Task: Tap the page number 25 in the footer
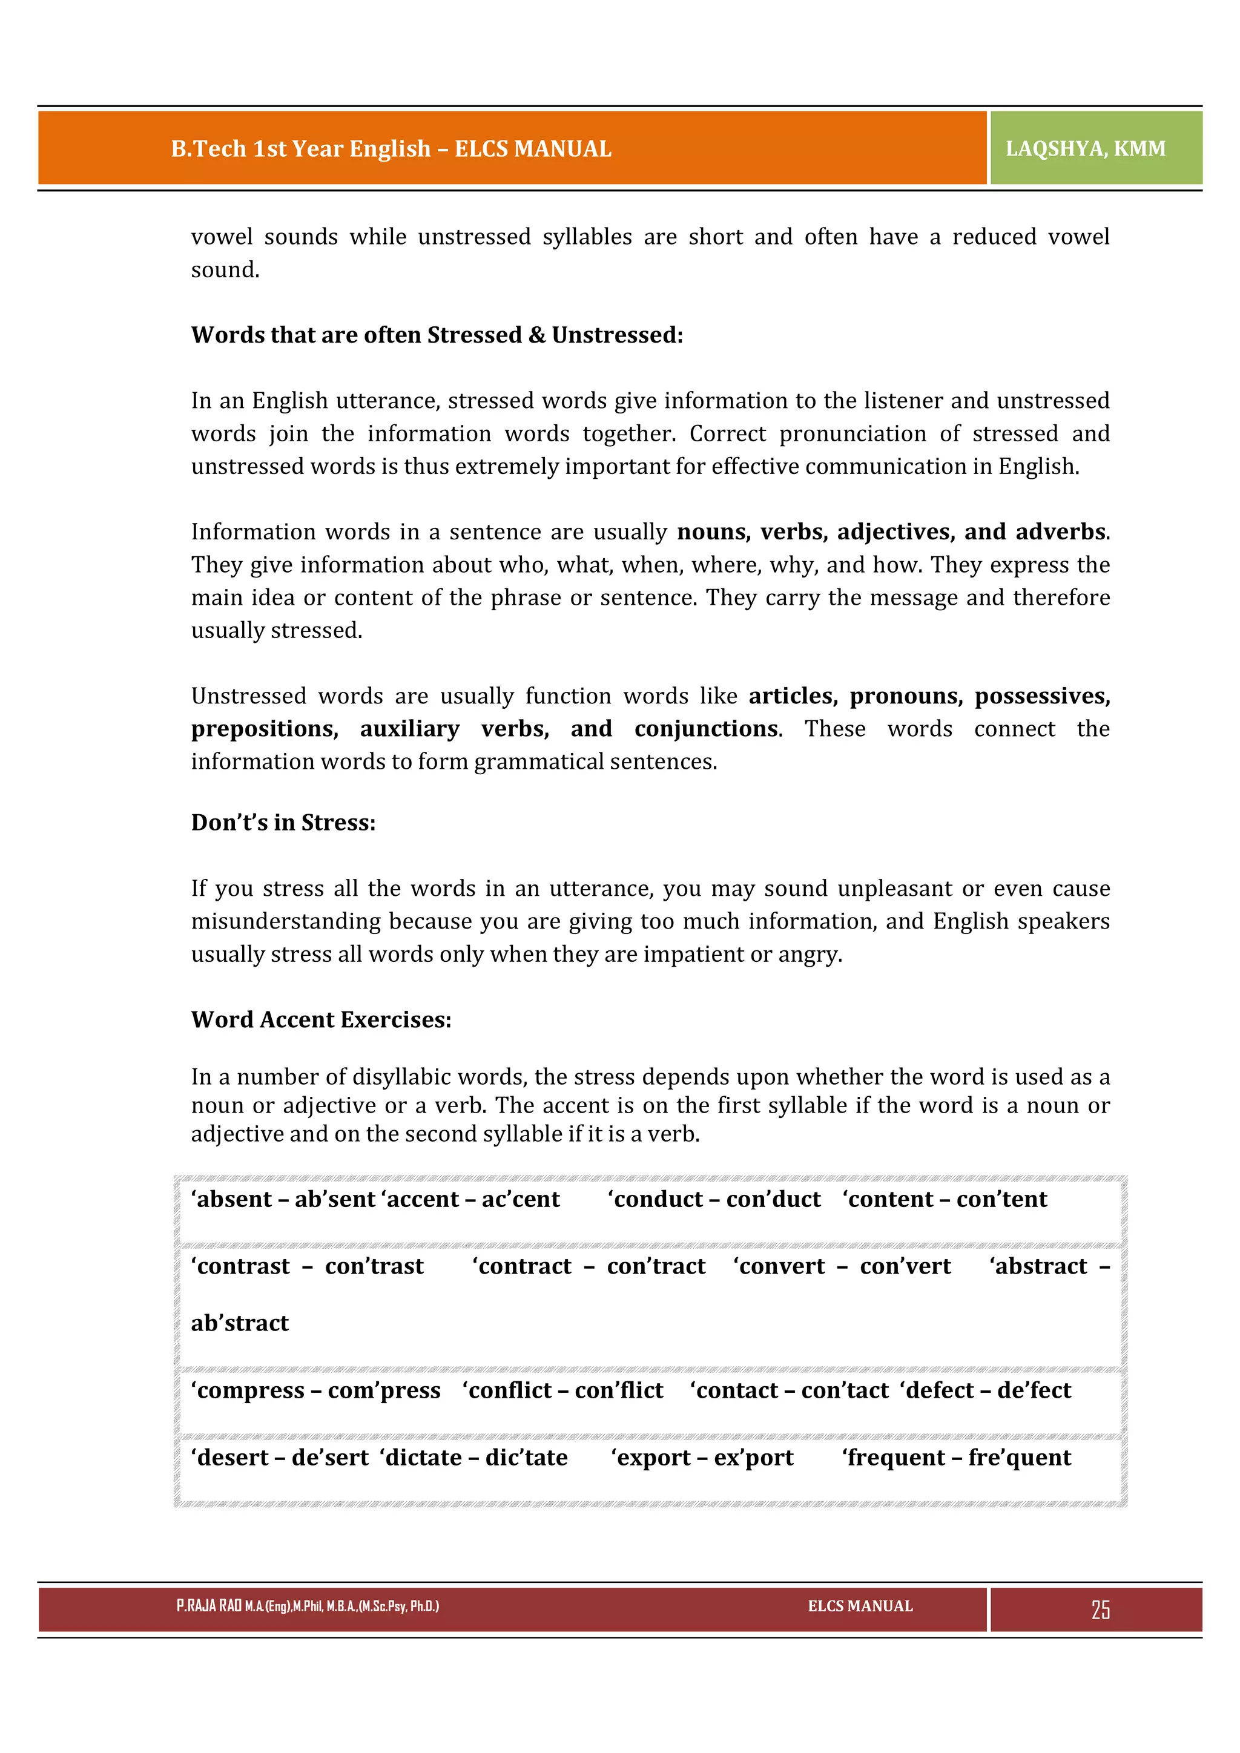coord(1100,1610)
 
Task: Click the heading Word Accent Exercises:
coord(321,1019)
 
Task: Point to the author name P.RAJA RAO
coord(208,1606)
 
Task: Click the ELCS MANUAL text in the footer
coord(860,1606)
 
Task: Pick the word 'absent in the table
coord(231,1200)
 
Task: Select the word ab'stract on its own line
coord(240,1323)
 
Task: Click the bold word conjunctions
coord(705,729)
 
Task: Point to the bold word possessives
coord(1041,696)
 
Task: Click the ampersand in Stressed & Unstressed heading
coord(537,335)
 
